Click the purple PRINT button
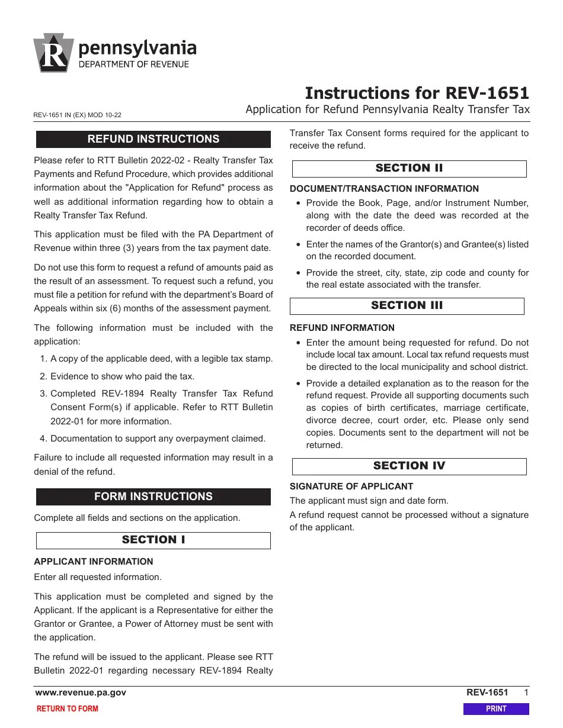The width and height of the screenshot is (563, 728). [495, 708]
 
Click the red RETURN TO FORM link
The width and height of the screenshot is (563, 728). [68, 708]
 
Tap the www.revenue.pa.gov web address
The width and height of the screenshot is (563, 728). [81, 692]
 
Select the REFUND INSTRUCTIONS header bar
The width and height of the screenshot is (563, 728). [153, 139]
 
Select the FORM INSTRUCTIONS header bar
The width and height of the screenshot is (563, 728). [153, 497]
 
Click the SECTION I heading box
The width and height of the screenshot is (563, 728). [153, 540]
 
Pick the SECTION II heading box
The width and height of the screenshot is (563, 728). [409, 168]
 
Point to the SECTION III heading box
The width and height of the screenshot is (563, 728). [407, 305]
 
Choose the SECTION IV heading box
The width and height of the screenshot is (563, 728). [409, 466]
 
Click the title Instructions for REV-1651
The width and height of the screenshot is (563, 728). [417, 93]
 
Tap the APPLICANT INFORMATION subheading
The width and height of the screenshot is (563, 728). [94, 562]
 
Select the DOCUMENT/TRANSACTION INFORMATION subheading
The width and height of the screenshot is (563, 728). [384, 189]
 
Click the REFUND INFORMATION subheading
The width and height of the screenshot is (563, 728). [342, 328]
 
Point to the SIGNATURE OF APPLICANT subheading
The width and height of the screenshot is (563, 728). [351, 487]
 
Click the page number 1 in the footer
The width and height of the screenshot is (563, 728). [526, 692]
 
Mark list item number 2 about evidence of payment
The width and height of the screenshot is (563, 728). [122, 376]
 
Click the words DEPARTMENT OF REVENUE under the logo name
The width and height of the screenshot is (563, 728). [134, 64]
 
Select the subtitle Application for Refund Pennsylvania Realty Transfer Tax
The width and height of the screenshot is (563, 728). [388, 109]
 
